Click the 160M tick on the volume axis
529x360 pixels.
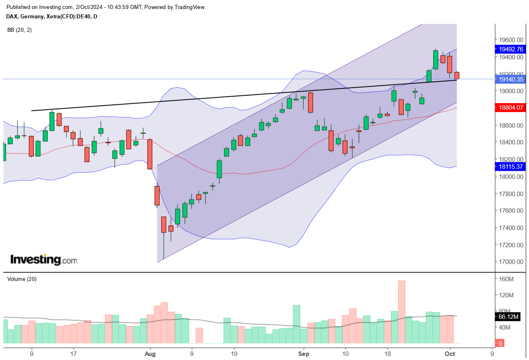[x=506, y=279]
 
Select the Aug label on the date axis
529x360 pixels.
[x=151, y=354]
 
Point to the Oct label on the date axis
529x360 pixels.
[x=450, y=354]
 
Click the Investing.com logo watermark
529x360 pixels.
[x=43, y=260]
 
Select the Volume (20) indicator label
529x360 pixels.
[x=22, y=279]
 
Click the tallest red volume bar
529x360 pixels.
[x=402, y=312]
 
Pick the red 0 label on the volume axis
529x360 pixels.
[x=500, y=343]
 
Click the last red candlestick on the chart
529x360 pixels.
[x=457, y=75]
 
